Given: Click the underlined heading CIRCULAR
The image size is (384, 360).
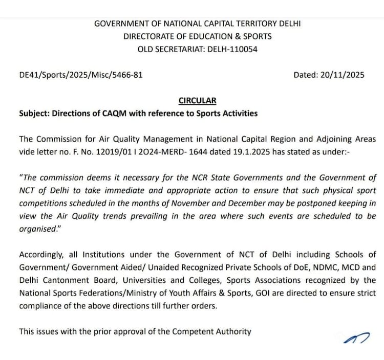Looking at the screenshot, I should click(198, 101).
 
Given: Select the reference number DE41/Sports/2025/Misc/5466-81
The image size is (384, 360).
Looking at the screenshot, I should click(81, 75).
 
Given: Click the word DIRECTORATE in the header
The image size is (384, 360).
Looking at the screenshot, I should click(148, 36).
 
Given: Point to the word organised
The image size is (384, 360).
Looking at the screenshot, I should click(37, 229).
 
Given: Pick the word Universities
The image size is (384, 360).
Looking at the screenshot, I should click(136, 280).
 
